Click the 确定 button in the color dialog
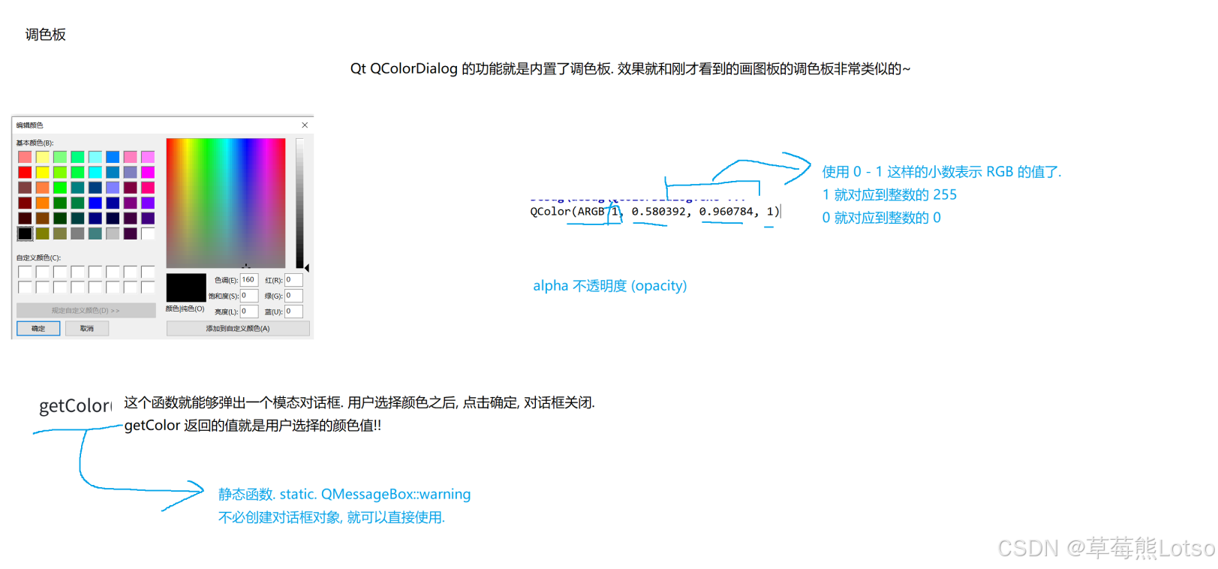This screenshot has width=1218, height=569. [x=38, y=328]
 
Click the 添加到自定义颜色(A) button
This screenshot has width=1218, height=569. [x=238, y=328]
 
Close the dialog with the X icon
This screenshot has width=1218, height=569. [x=305, y=125]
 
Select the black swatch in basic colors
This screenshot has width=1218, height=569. [x=25, y=233]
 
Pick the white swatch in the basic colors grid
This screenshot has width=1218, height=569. [x=148, y=233]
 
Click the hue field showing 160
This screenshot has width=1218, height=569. [x=248, y=280]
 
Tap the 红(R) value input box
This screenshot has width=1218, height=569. [x=293, y=280]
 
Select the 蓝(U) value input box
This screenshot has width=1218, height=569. [x=293, y=312]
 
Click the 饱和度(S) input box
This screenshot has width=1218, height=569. [x=248, y=296]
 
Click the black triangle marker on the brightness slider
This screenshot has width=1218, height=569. [x=306, y=267]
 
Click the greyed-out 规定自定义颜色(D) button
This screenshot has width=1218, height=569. [x=86, y=310]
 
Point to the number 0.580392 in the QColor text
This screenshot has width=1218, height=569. [x=658, y=212]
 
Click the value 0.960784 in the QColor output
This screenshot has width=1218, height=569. [x=726, y=212]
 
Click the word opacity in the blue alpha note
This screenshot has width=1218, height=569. [x=659, y=286]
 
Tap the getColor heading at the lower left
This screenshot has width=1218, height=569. [x=75, y=406]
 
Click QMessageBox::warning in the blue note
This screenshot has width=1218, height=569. [x=395, y=494]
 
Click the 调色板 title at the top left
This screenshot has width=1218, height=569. [x=46, y=35]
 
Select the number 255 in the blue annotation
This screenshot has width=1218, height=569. [x=944, y=195]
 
